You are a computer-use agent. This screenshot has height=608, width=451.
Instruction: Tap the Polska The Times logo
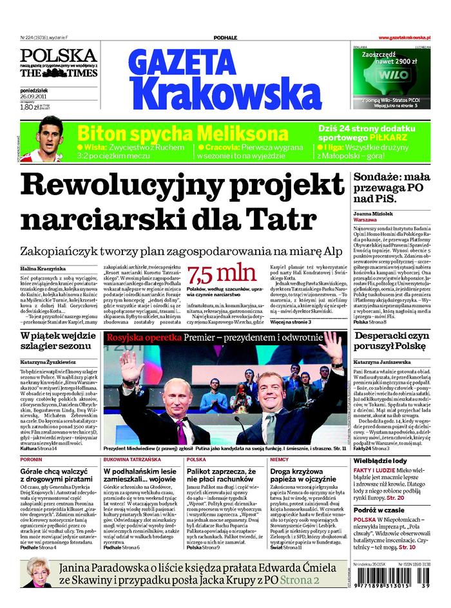tap(59, 63)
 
